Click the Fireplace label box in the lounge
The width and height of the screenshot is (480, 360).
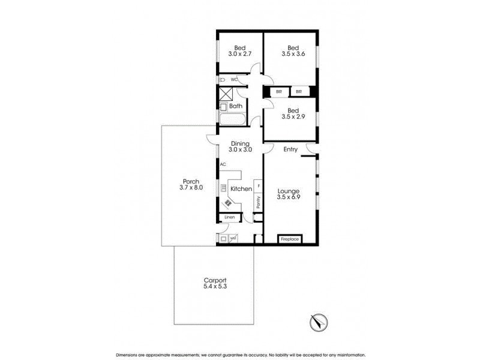click(x=290, y=239)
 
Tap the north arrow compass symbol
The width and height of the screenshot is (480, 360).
click(x=319, y=322)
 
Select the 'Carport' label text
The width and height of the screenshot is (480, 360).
click(x=214, y=280)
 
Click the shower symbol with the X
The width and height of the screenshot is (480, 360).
click(x=227, y=94)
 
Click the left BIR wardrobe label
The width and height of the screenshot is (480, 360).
click(x=278, y=92)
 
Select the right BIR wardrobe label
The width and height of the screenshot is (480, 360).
click(x=299, y=92)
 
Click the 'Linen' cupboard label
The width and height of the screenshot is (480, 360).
click(x=229, y=217)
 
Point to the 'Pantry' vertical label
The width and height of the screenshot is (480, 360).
click(x=257, y=203)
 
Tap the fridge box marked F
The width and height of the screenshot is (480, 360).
click(x=258, y=185)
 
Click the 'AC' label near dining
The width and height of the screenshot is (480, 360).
click(x=223, y=164)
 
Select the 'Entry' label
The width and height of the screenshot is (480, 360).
click(x=290, y=150)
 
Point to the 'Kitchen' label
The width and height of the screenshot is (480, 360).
click(x=241, y=189)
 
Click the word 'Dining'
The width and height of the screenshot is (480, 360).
click(x=240, y=143)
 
